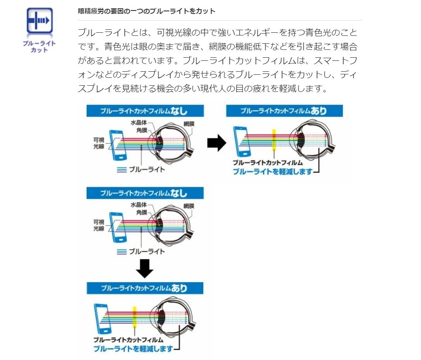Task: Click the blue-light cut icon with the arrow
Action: click(x=40, y=21)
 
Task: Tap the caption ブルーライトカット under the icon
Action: click(x=40, y=47)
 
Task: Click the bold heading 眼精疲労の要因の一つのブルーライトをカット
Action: click(x=146, y=11)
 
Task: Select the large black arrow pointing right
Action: click(x=216, y=143)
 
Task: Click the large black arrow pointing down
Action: click(x=145, y=268)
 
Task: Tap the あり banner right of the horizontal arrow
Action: click(x=285, y=111)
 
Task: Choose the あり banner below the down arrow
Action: click(x=145, y=288)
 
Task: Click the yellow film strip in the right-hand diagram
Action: click(x=274, y=140)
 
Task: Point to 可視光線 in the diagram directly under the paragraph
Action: click(x=98, y=143)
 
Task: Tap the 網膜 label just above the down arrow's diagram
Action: click(x=188, y=206)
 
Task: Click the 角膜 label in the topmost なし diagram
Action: click(x=141, y=130)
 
